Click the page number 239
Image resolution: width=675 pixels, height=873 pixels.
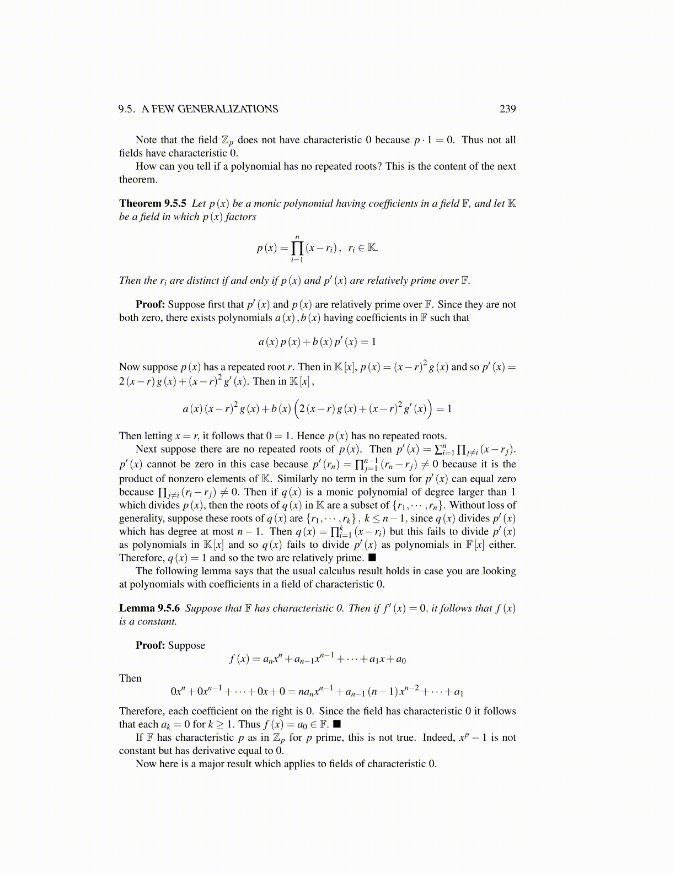(507, 109)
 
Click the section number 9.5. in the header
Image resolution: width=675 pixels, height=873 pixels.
(127, 109)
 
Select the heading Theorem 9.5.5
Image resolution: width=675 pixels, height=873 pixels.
(153, 203)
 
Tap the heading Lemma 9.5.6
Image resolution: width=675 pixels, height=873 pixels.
(149, 608)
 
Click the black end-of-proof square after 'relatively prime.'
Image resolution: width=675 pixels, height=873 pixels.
(372, 558)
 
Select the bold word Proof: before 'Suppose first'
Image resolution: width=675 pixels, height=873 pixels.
(150, 304)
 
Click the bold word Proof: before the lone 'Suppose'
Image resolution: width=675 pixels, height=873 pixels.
(150, 645)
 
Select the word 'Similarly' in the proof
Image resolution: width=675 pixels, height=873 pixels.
(298, 478)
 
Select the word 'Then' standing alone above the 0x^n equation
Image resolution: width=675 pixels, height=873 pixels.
(130, 678)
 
